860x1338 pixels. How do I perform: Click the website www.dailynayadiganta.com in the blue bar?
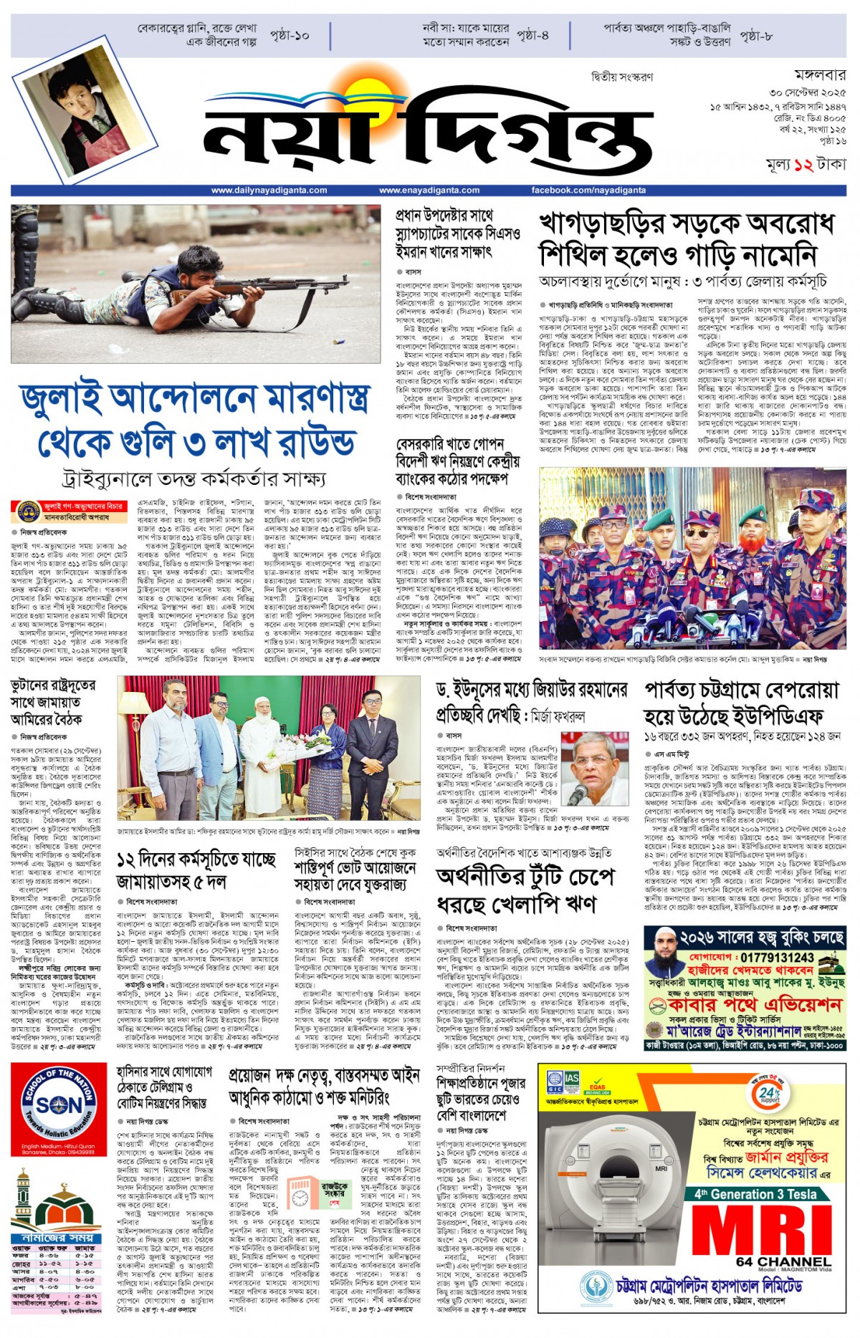pos(269,191)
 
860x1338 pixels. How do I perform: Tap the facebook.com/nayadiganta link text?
pos(588,191)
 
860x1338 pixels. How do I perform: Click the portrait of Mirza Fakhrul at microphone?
pos(594,769)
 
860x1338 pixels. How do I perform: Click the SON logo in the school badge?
pos(59,1107)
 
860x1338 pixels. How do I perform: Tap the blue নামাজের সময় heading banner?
pos(57,1238)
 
